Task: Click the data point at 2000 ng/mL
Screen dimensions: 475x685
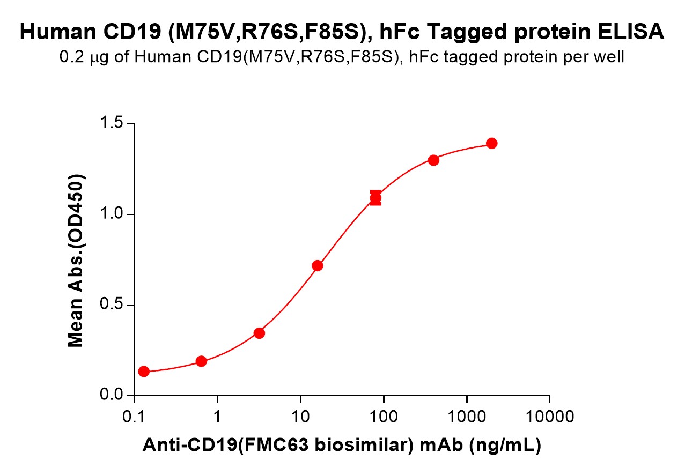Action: (491, 143)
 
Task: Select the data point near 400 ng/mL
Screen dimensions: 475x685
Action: (433, 160)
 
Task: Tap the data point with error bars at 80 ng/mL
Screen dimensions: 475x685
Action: (375, 198)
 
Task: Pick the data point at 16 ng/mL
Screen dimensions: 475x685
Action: (317, 265)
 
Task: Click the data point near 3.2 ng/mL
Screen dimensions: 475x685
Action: (259, 333)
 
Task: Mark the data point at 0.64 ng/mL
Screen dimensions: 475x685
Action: (201, 361)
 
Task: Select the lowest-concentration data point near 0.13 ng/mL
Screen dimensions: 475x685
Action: (144, 372)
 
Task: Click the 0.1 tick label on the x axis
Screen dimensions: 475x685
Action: (134, 416)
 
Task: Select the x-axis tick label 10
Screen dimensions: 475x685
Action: (300, 416)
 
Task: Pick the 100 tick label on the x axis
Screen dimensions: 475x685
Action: (384, 416)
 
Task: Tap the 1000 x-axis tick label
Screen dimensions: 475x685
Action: (467, 416)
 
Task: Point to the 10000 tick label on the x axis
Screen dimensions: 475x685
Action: (549, 416)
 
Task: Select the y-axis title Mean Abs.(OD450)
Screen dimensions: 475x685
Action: (76, 261)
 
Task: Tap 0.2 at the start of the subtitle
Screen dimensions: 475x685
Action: (70, 57)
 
